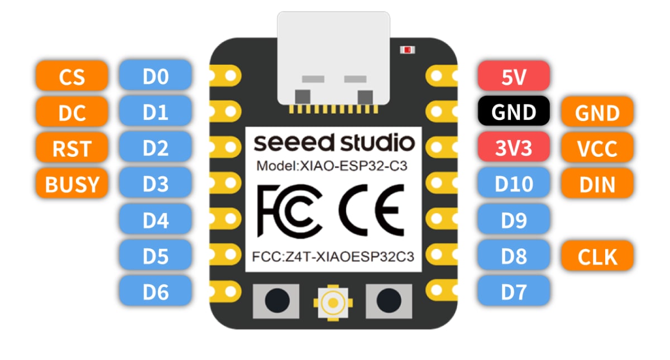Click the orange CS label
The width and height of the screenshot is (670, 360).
click(x=71, y=76)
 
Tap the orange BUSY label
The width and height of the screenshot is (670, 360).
click(x=71, y=184)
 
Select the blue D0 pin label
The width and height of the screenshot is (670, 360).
click(x=155, y=76)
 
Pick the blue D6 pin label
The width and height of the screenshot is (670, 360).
click(x=155, y=292)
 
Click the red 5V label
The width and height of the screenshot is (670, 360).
click(x=514, y=76)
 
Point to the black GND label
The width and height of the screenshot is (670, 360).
click(x=514, y=112)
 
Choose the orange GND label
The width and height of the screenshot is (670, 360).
click(x=597, y=112)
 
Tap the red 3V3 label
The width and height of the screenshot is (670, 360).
click(x=514, y=148)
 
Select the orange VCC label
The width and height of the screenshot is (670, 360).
click(x=597, y=148)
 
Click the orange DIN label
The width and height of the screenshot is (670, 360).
click(x=597, y=184)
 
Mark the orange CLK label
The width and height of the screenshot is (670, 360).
click(x=597, y=256)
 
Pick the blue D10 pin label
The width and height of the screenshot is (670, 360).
click(x=514, y=184)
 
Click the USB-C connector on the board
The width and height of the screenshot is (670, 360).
click(x=333, y=59)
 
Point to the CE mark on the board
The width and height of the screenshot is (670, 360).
click(x=372, y=210)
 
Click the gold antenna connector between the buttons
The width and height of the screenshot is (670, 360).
click(x=333, y=302)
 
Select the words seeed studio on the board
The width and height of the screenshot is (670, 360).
click(x=334, y=143)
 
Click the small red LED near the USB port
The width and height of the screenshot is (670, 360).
click(x=407, y=50)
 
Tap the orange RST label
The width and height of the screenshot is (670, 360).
click(x=71, y=148)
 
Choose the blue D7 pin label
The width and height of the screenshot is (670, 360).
click(x=514, y=292)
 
